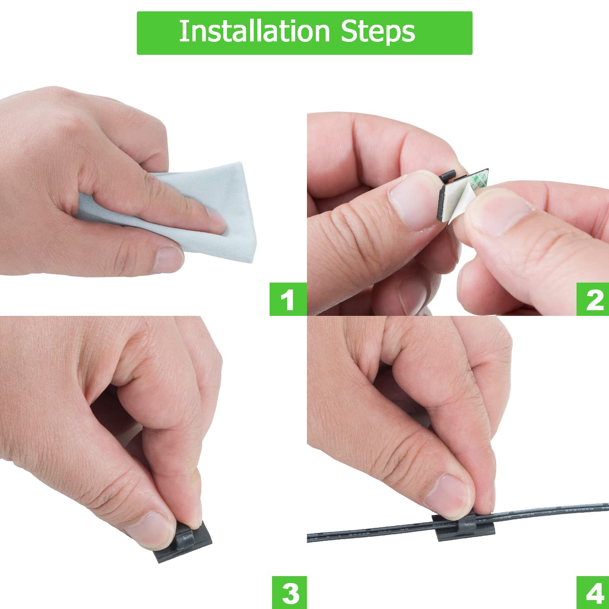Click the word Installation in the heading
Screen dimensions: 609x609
pos(254,32)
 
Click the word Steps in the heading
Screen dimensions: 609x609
pos(378,32)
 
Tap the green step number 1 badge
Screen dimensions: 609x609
pos(287,300)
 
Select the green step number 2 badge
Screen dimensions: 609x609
pos(594,300)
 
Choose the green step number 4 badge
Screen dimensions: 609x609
pos(594,593)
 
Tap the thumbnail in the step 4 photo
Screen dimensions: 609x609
pos(449,495)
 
